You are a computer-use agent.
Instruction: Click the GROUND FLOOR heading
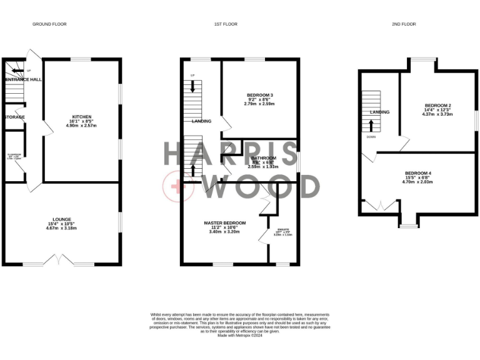(x=49, y=24)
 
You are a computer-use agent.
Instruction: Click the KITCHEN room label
(x=82, y=117)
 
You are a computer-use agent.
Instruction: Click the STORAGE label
(x=14, y=117)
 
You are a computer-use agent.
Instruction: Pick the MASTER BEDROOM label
(x=225, y=222)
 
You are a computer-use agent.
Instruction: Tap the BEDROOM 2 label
(x=437, y=105)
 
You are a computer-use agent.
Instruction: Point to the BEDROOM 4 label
(x=417, y=172)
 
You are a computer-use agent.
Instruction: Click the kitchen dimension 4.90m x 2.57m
(x=82, y=126)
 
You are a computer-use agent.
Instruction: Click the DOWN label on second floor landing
(x=371, y=136)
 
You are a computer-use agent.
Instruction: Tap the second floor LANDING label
(x=379, y=112)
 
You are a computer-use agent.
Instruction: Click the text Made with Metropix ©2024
(x=239, y=335)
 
